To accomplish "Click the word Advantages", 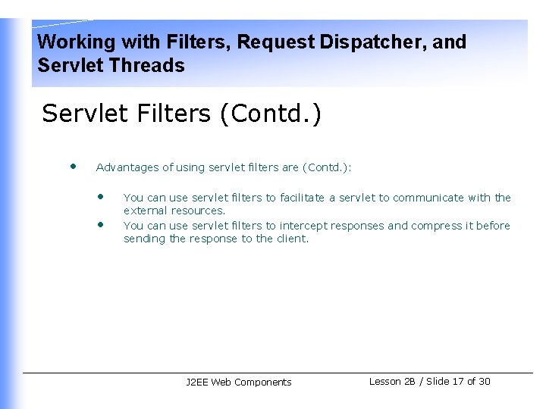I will coord(127,167).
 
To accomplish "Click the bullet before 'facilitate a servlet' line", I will coord(100,195).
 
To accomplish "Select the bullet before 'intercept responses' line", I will coord(100,223).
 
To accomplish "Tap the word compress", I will coord(438,226).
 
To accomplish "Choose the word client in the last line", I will coord(291,239).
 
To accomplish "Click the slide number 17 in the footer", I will coord(457,382).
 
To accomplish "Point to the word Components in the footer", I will coord(262,382).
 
